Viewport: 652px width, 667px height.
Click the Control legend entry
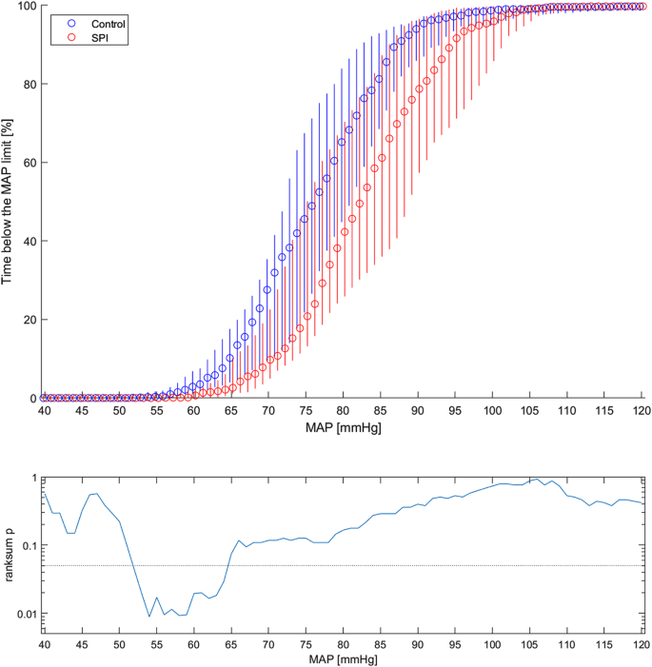[x=95, y=21]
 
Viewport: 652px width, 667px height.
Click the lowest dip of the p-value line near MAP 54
[x=148, y=617]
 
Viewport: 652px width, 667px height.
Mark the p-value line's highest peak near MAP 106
[x=538, y=479]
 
